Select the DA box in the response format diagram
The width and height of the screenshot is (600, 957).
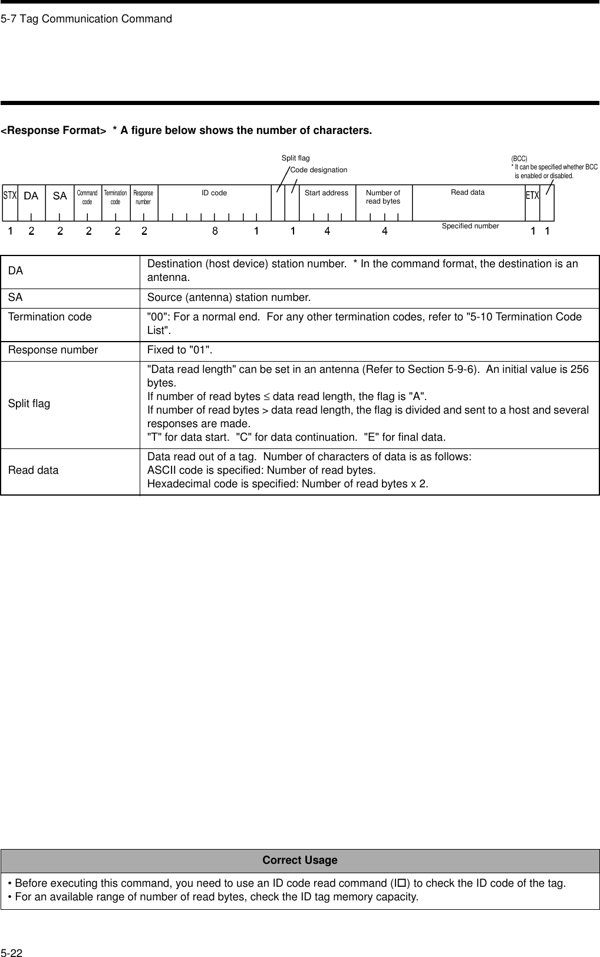(x=31, y=196)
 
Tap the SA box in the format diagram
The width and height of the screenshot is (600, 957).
(x=60, y=196)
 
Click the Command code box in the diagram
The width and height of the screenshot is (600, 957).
(x=87, y=197)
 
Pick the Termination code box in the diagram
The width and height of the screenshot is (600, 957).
(x=116, y=197)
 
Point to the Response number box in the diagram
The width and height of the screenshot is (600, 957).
(x=143, y=197)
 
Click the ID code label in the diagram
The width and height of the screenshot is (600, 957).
(x=214, y=193)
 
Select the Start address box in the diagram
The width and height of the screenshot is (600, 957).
(x=327, y=193)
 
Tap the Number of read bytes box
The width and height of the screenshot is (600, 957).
(x=383, y=197)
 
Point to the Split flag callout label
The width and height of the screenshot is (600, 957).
(x=295, y=158)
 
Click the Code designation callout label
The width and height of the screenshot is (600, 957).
(x=319, y=170)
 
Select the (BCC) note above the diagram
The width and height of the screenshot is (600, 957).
(x=519, y=159)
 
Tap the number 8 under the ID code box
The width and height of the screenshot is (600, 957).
(x=215, y=231)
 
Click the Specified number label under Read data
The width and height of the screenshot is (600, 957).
(x=470, y=226)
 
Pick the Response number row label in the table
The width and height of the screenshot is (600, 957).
(x=53, y=350)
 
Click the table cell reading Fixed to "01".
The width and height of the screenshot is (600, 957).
(x=180, y=350)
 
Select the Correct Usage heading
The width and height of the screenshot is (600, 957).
(x=300, y=860)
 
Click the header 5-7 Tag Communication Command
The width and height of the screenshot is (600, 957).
(x=87, y=19)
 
